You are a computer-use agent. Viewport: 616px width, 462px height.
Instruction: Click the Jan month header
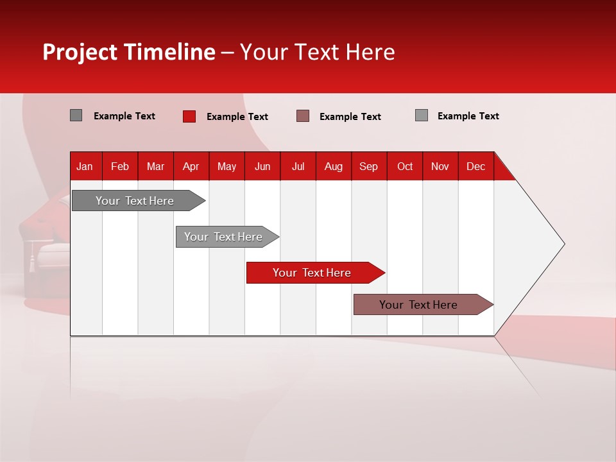(85, 166)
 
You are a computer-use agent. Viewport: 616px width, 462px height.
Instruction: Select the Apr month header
(191, 166)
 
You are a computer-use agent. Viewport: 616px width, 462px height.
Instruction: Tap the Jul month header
(298, 166)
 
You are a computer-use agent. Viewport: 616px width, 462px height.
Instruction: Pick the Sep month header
(368, 166)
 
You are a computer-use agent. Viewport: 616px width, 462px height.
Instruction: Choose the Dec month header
(475, 166)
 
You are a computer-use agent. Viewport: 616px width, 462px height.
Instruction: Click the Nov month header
(440, 166)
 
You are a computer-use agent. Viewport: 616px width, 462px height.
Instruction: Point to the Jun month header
(262, 166)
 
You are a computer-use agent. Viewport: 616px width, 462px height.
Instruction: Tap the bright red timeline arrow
(312, 273)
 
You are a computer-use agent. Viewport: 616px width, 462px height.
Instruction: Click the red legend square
(189, 116)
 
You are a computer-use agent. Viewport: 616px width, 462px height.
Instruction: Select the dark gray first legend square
(76, 116)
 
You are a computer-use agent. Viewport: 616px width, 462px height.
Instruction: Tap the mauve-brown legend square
(303, 116)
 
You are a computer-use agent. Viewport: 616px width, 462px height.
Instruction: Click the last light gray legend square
(422, 116)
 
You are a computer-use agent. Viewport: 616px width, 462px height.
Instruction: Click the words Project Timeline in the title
(129, 52)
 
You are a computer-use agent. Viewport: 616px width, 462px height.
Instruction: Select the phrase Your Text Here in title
(317, 52)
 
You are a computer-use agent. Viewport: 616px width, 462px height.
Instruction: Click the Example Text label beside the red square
(237, 117)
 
